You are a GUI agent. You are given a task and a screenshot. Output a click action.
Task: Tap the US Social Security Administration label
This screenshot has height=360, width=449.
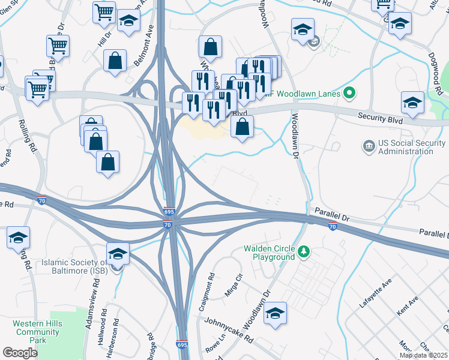[x=405, y=147]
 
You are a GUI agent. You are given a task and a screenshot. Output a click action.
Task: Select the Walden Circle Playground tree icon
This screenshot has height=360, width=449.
[x=304, y=249]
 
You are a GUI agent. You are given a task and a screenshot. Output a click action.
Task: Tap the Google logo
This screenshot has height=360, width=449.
[x=20, y=352]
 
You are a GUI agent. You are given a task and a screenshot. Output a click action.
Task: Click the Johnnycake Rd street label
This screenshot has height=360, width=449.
[x=228, y=330]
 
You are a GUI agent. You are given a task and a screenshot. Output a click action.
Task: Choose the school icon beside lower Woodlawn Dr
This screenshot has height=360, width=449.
[x=275, y=313]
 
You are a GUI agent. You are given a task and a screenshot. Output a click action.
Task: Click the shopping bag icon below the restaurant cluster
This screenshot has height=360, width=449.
[x=241, y=127]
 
